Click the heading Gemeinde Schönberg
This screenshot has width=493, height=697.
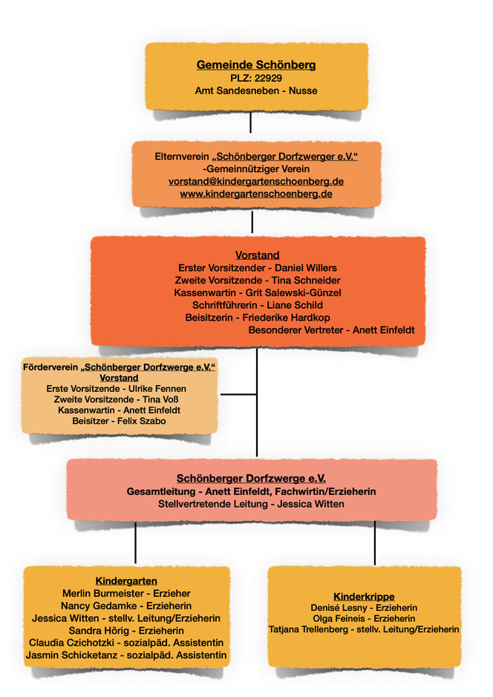tap(255, 65)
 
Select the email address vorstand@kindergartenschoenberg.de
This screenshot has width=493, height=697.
tap(256, 180)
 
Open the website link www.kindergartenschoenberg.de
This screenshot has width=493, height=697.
tap(256, 193)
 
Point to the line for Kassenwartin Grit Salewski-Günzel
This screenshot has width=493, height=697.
tap(257, 292)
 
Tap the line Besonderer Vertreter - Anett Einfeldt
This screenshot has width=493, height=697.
tap(331, 330)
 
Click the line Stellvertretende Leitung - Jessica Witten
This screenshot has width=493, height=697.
tap(251, 504)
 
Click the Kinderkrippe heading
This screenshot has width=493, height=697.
tap(364, 596)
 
